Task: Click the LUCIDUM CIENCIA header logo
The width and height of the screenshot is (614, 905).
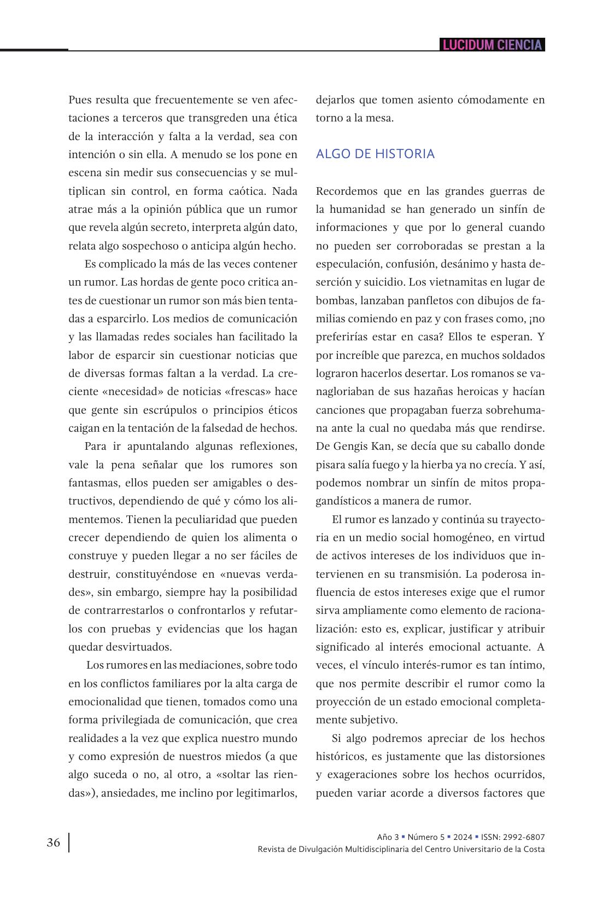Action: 492,45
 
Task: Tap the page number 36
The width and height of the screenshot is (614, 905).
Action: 54,843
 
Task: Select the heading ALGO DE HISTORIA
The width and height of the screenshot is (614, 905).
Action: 375,154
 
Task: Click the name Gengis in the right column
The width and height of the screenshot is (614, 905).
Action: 351,446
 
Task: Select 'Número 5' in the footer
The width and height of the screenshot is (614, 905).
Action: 425,837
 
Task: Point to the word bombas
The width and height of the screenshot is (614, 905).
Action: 334,300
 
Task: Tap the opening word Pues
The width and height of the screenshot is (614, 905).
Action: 80,100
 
